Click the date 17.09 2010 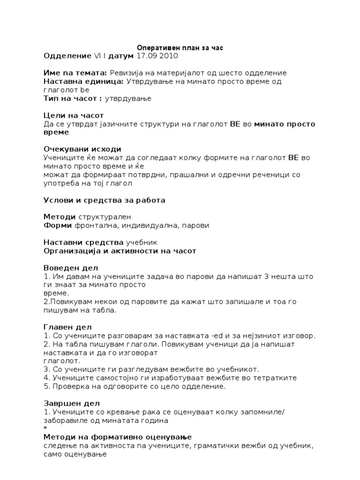point(157,56)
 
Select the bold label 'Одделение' point(67,56)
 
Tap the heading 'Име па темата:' point(75,73)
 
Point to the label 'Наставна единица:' point(83,82)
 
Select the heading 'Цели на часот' point(73,115)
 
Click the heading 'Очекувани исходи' point(82,149)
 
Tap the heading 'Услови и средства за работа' point(104,200)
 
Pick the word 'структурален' point(105,217)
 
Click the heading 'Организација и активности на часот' point(120,251)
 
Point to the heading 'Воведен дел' point(70,268)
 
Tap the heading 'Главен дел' point(67,327)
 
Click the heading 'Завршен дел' point(71,403)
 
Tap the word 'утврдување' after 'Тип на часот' point(132,98)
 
